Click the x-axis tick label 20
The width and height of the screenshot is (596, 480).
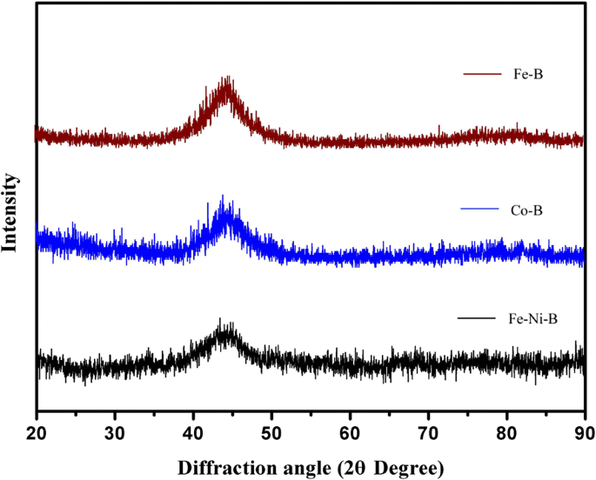pos(37,430)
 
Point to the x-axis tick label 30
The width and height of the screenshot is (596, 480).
pos(115,430)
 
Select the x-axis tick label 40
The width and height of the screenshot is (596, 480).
pos(193,430)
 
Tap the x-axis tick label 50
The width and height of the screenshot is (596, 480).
pos(271,430)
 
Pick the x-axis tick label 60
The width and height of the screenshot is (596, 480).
pos(350,430)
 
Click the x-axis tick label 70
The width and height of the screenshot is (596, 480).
pos(428,430)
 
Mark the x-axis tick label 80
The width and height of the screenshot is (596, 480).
pos(506,430)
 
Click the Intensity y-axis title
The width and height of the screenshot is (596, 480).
pos(11,212)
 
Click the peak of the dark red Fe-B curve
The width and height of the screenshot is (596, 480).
pos(228,78)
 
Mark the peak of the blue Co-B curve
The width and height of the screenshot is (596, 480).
pos(223,197)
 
